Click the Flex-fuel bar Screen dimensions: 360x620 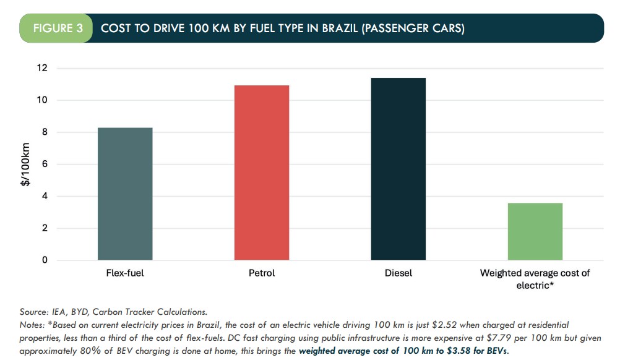tap(125, 194)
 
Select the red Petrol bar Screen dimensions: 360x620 tap(262, 173)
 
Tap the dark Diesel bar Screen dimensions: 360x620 tap(398, 169)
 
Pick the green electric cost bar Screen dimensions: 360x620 tap(535, 231)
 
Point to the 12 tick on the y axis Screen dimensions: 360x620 tap(43, 68)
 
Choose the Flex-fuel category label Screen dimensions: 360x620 tap(125, 273)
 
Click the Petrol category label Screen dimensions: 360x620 tap(261, 273)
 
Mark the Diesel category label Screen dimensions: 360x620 tap(398, 273)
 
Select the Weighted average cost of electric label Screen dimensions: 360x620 tap(535, 279)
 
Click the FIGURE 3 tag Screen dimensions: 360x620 tap(56, 29)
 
